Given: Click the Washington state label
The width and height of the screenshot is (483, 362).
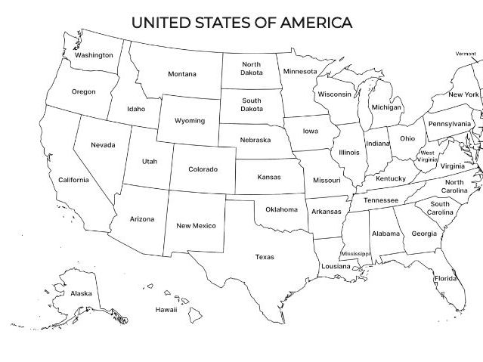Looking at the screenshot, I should [94, 55].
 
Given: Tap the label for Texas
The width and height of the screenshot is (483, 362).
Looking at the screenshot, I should [265, 258].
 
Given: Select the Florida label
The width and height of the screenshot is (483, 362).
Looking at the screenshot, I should [445, 279].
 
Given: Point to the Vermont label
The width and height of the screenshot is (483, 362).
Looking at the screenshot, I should [466, 54].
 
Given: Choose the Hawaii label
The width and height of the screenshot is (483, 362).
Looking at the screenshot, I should [166, 310].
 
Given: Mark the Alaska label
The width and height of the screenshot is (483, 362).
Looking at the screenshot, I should [81, 293].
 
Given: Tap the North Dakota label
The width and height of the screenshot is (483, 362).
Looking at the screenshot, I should [252, 69].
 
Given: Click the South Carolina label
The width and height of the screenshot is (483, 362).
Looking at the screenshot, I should [439, 209].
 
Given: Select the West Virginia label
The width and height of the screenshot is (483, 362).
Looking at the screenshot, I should [428, 156].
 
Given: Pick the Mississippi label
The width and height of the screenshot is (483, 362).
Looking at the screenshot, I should [356, 255].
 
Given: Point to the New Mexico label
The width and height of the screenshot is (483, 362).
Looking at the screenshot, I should [196, 226].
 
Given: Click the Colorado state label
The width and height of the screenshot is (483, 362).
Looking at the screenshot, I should [203, 169].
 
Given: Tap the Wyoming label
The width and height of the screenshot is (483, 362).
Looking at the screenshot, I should [189, 121].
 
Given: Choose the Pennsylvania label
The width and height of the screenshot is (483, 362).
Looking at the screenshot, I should [449, 124].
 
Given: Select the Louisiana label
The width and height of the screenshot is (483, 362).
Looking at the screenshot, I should [336, 267].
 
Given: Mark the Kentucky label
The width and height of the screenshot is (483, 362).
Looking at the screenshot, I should [391, 179].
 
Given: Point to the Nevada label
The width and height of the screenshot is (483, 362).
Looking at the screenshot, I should [103, 145].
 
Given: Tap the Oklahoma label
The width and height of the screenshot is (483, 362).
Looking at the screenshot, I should [281, 209].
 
